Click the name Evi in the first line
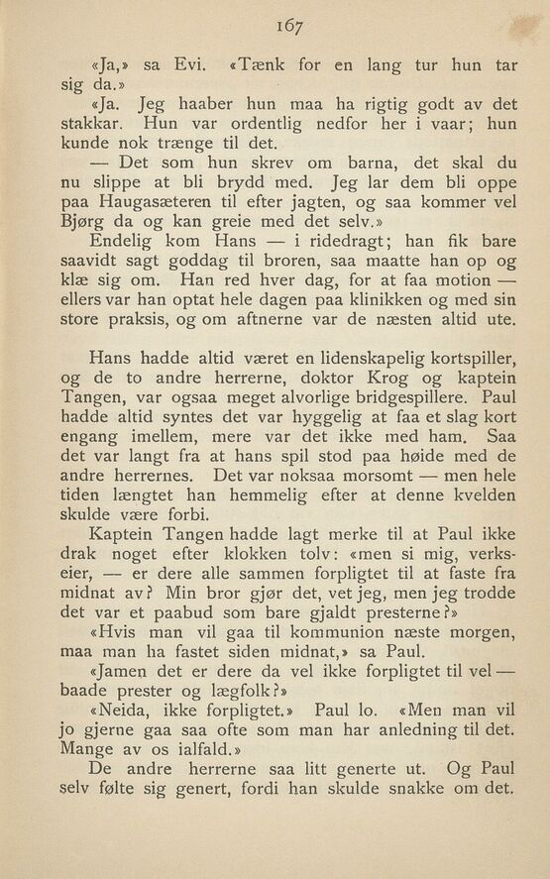[187, 66]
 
